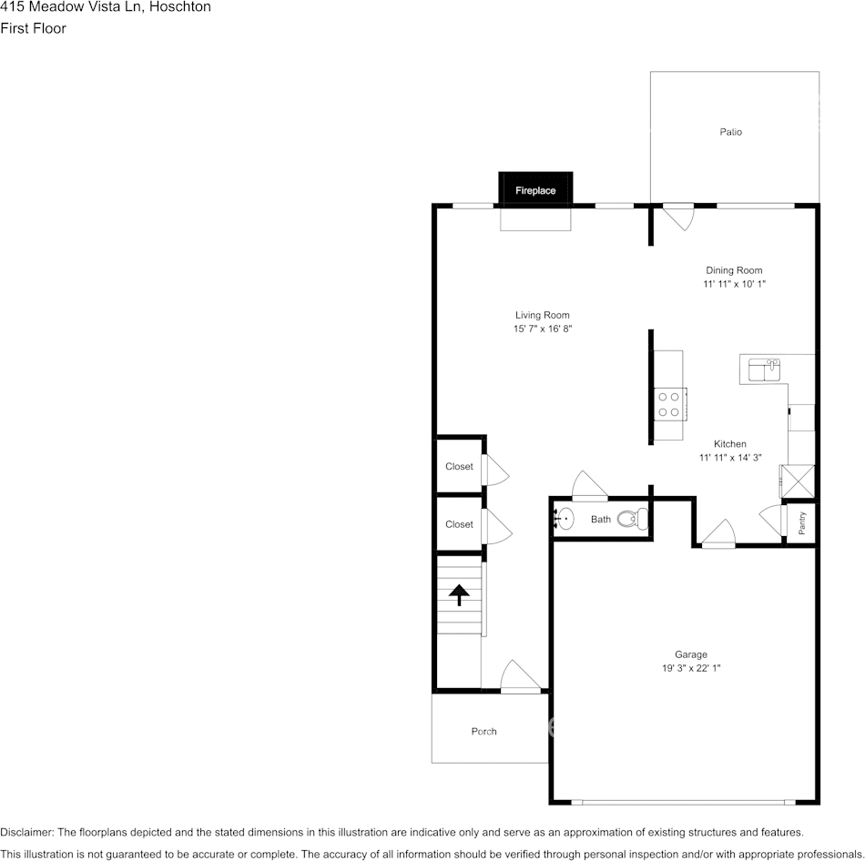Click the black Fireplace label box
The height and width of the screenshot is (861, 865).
[x=535, y=190]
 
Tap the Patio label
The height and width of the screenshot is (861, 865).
[x=730, y=132]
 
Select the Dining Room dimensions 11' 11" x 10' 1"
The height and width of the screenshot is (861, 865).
[x=734, y=284]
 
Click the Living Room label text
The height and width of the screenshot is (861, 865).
[x=542, y=315]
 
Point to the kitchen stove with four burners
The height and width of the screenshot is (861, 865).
[x=669, y=403]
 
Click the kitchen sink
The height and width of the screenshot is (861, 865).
[x=764, y=370]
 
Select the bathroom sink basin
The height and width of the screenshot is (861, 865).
[x=565, y=520]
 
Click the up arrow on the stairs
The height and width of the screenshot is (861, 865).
[x=459, y=595]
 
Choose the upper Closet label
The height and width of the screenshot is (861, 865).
[x=459, y=467]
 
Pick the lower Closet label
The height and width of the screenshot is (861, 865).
[x=459, y=524]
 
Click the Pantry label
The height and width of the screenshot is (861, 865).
[x=802, y=522]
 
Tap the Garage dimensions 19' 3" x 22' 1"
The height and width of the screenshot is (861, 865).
[x=690, y=668]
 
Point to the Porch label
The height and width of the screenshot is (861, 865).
[x=484, y=731]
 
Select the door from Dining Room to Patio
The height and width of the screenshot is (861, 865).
[x=677, y=217]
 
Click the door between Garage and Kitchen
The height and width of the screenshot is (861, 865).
[x=718, y=533]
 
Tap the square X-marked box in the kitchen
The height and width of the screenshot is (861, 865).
[x=798, y=479]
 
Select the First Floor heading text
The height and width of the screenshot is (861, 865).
[x=34, y=28]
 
